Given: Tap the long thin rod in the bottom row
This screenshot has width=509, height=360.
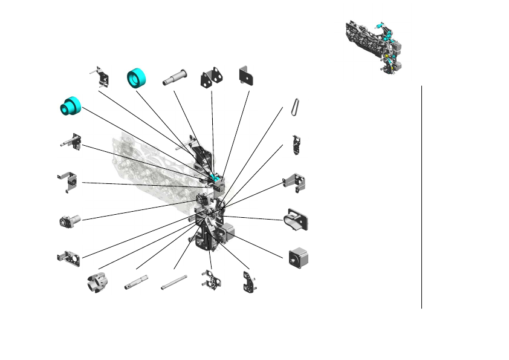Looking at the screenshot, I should click(x=173, y=283).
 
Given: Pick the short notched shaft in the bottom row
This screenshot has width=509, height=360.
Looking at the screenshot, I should click(x=137, y=281).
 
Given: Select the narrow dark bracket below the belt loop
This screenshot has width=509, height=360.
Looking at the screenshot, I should click(x=296, y=145).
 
